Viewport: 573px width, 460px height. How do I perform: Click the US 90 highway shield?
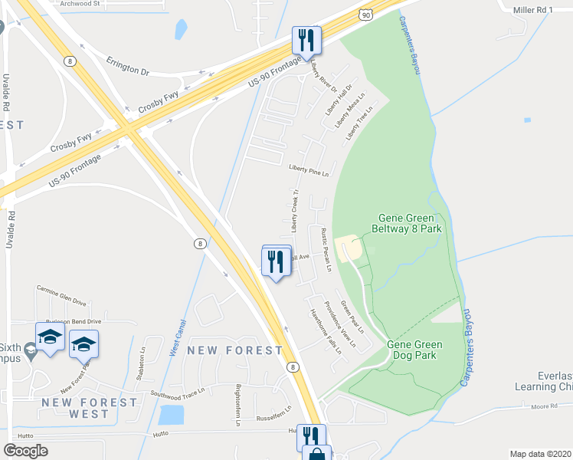coord(367,14)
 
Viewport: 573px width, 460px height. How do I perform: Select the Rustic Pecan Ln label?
coord(325,250)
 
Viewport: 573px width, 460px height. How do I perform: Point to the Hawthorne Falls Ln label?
coord(325,330)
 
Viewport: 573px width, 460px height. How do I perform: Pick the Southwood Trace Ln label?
coord(178,393)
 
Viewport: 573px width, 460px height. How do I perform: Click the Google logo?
coord(26,451)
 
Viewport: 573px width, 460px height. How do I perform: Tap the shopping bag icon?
coord(316,455)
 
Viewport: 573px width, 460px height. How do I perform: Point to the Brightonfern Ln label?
coord(238,405)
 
